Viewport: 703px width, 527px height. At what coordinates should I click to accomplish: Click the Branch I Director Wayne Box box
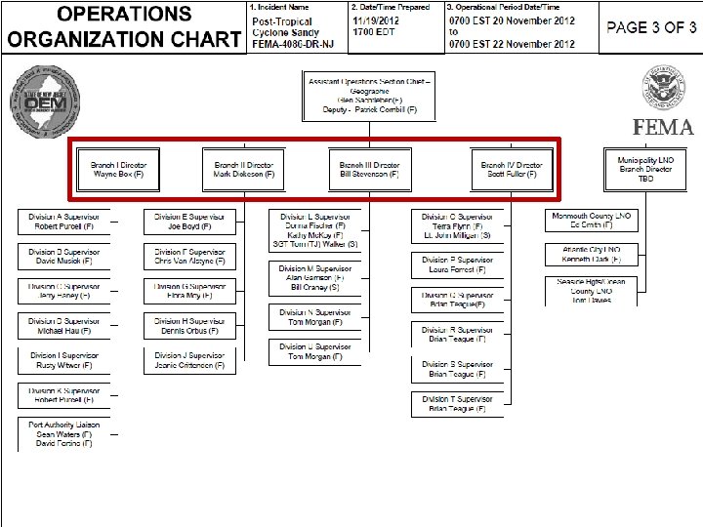[x=118, y=170]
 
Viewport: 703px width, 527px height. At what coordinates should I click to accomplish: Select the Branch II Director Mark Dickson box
[x=244, y=170]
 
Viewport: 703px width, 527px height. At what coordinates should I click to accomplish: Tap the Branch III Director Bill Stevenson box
[x=369, y=170]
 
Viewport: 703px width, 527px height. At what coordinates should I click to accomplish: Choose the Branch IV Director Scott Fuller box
[x=512, y=170]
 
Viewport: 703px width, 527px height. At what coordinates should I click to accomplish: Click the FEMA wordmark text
[x=663, y=128]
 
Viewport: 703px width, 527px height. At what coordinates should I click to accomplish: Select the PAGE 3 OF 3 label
[x=651, y=27]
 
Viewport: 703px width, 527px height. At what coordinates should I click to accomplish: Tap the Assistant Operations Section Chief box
[x=370, y=95]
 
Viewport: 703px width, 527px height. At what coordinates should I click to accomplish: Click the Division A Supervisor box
[x=64, y=222]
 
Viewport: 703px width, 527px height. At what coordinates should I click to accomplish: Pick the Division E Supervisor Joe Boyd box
[x=189, y=222]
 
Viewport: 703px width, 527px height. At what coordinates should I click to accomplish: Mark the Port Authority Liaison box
[x=64, y=434]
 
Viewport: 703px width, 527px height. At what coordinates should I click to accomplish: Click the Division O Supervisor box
[x=458, y=225]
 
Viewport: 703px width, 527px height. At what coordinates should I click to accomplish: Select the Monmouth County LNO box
[x=591, y=221]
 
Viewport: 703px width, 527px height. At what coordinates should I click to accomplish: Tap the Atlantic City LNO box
[x=591, y=255]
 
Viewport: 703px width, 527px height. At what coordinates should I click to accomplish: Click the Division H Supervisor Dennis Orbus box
[x=189, y=327]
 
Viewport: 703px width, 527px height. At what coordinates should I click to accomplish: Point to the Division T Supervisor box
[x=458, y=404]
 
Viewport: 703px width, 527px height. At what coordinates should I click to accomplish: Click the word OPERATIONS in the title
[x=124, y=15]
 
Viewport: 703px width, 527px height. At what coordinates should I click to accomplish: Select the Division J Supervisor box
[x=189, y=361]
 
